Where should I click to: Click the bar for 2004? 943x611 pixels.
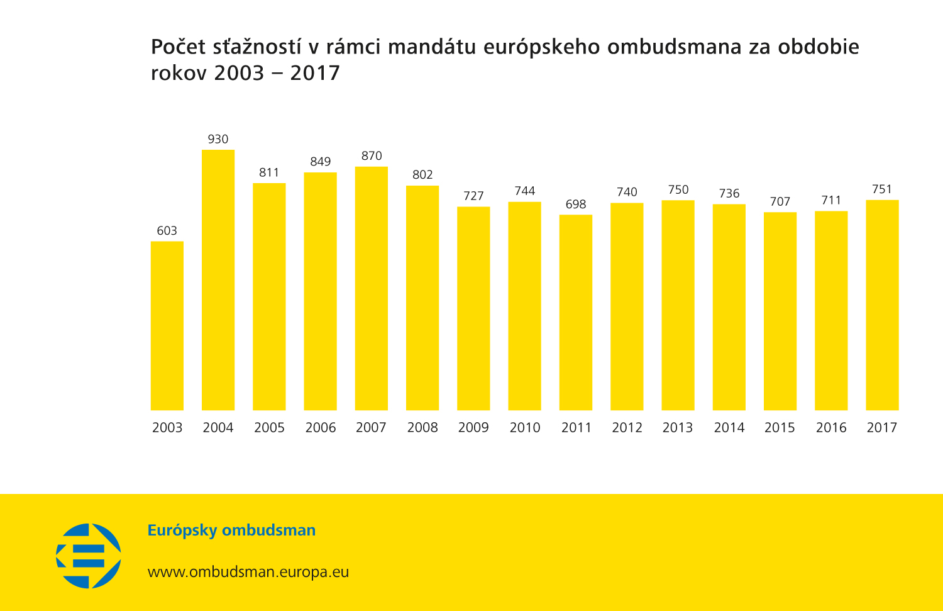click(218, 280)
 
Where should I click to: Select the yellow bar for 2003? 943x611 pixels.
click(167, 326)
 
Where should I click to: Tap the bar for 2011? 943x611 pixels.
click(576, 313)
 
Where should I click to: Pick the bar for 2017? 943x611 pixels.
click(882, 305)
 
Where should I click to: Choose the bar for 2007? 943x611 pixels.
click(372, 288)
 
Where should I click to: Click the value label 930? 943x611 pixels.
click(218, 139)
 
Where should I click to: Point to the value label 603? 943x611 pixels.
click(167, 231)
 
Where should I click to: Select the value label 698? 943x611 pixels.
click(576, 205)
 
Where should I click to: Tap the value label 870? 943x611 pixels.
click(372, 156)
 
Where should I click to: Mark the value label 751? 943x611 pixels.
click(882, 189)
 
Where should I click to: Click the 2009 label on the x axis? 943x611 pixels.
click(473, 428)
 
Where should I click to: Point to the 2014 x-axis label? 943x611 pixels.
click(729, 428)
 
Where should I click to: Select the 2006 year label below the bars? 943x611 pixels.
click(321, 428)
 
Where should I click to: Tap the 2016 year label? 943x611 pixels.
click(831, 428)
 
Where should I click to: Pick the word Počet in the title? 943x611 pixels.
click(179, 47)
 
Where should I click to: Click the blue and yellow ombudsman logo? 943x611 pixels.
click(89, 556)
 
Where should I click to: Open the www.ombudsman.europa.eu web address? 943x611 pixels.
click(248, 572)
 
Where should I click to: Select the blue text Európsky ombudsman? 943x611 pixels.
click(231, 530)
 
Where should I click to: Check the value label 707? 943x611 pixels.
click(780, 202)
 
